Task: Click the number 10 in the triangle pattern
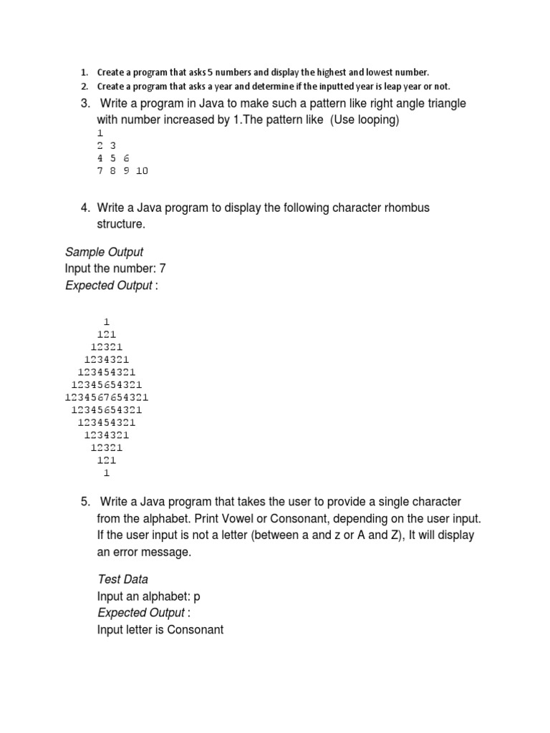[x=141, y=171]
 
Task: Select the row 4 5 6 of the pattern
[x=112, y=158]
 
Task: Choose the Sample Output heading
[x=104, y=252]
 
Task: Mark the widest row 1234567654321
[x=107, y=397]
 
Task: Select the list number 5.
[x=85, y=502]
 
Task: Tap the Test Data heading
[x=122, y=579]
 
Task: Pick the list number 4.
[x=85, y=208]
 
